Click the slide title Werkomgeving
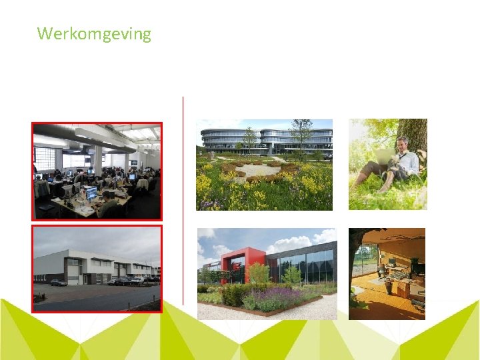[x=94, y=33]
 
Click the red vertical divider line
[x=183, y=200]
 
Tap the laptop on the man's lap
[x=385, y=156]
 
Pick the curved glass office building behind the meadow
[x=267, y=139]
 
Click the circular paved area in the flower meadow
[x=256, y=171]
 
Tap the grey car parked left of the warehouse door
[x=59, y=282]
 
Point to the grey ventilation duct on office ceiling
[x=100, y=138]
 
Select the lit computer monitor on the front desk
[x=91, y=194]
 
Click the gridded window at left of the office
[x=45, y=159]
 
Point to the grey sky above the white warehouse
[x=93, y=240]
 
